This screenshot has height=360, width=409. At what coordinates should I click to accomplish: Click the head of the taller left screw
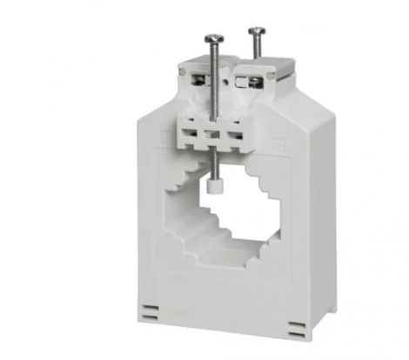pos(215,38)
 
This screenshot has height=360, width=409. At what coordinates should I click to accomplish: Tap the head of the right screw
pos(255,32)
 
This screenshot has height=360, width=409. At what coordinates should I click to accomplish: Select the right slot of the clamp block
pos(233,137)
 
